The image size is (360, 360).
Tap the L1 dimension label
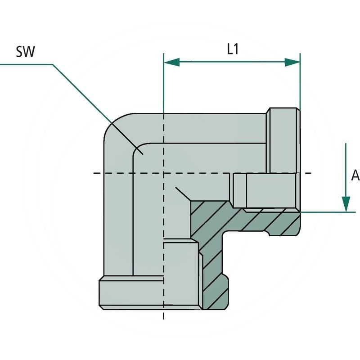click(x=232, y=50)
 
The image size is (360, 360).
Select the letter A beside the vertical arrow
click(x=355, y=176)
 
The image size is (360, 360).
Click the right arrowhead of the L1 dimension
click(x=292, y=62)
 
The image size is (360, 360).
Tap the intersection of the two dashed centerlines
click(x=164, y=173)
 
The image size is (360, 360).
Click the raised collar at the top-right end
click(x=283, y=139)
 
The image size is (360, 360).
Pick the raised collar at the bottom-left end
click(x=130, y=292)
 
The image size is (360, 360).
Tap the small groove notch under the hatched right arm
click(x=268, y=233)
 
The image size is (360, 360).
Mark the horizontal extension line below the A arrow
click(x=328, y=211)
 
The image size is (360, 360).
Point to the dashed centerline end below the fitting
click(x=164, y=315)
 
